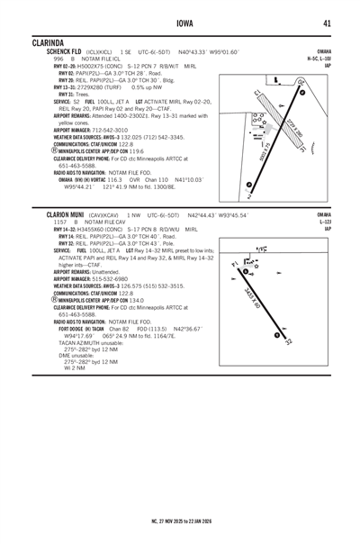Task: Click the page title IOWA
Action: point(180,23)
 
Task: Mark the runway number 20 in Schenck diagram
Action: point(300,82)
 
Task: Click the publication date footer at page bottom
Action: point(180,521)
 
